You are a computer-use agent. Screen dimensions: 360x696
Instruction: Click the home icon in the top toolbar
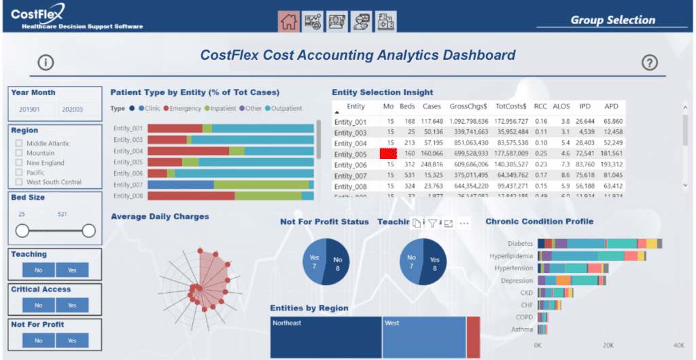(289, 22)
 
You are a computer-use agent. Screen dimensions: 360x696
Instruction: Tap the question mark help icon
(650, 62)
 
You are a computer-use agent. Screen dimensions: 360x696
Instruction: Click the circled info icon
(46, 62)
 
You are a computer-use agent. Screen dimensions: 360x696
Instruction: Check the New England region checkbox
(19, 163)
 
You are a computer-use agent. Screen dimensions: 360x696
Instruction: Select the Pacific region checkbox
(19, 173)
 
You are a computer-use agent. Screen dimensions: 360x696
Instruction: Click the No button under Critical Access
(38, 306)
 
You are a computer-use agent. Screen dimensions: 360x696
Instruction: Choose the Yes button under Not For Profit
(72, 340)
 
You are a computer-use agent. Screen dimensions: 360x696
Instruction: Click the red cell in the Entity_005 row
(388, 154)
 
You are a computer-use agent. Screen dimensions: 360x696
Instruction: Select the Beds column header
(406, 107)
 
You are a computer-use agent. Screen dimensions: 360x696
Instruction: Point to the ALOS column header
(561, 107)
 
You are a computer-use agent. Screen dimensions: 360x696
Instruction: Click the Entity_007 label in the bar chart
(128, 185)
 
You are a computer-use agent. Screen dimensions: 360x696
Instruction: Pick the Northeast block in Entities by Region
(325, 336)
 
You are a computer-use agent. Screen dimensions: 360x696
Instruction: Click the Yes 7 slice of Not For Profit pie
(314, 262)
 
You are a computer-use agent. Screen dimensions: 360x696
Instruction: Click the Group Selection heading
(612, 20)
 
